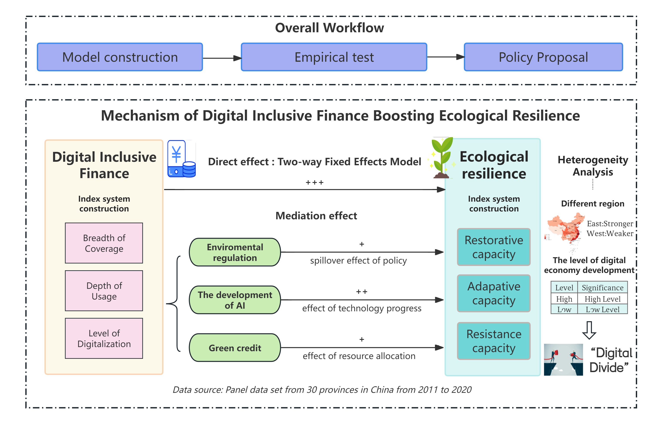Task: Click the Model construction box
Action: [120, 57]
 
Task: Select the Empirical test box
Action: [334, 57]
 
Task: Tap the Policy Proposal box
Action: [543, 57]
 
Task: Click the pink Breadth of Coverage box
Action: [104, 243]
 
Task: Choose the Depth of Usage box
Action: [104, 291]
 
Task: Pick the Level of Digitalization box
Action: [104, 338]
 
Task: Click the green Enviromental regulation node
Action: [235, 252]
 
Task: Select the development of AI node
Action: [235, 300]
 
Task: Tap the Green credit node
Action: [235, 348]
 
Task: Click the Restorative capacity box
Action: [494, 247]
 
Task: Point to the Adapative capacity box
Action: [494, 293]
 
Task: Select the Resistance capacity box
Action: [494, 341]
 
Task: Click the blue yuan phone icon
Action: [181, 159]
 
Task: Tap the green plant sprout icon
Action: [442, 158]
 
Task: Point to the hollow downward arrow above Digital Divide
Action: [589, 330]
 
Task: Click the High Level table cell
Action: [602, 299]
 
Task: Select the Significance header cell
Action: [602, 288]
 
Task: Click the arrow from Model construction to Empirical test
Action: [222, 58]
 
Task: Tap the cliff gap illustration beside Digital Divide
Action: [563, 360]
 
